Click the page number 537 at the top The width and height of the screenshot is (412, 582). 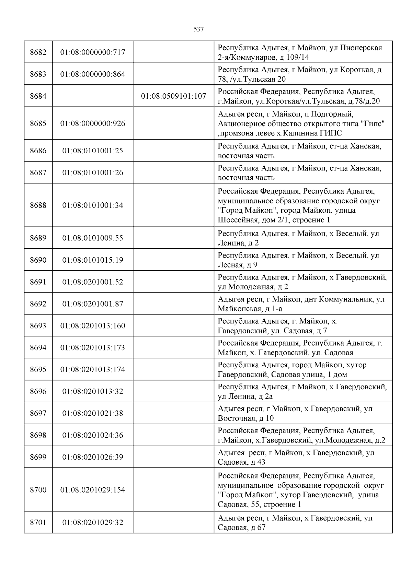click(x=199, y=29)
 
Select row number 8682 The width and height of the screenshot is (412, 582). click(x=38, y=52)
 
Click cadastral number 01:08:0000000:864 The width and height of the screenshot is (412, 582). click(x=93, y=74)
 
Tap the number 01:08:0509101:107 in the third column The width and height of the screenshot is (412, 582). click(x=173, y=96)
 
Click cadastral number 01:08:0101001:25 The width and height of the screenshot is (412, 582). click(x=93, y=151)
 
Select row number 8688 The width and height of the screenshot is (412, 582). click(x=38, y=205)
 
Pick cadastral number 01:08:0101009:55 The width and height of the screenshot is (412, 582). click(x=93, y=238)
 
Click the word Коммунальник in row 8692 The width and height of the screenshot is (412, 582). click(x=346, y=299)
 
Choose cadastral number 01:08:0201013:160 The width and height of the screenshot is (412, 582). click(x=93, y=326)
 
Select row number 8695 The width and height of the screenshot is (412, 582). click(x=38, y=370)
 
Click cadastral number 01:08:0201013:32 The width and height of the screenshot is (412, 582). click(x=93, y=392)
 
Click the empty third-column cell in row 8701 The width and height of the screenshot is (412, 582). click(x=173, y=523)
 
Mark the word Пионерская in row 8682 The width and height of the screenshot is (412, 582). click(x=361, y=48)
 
